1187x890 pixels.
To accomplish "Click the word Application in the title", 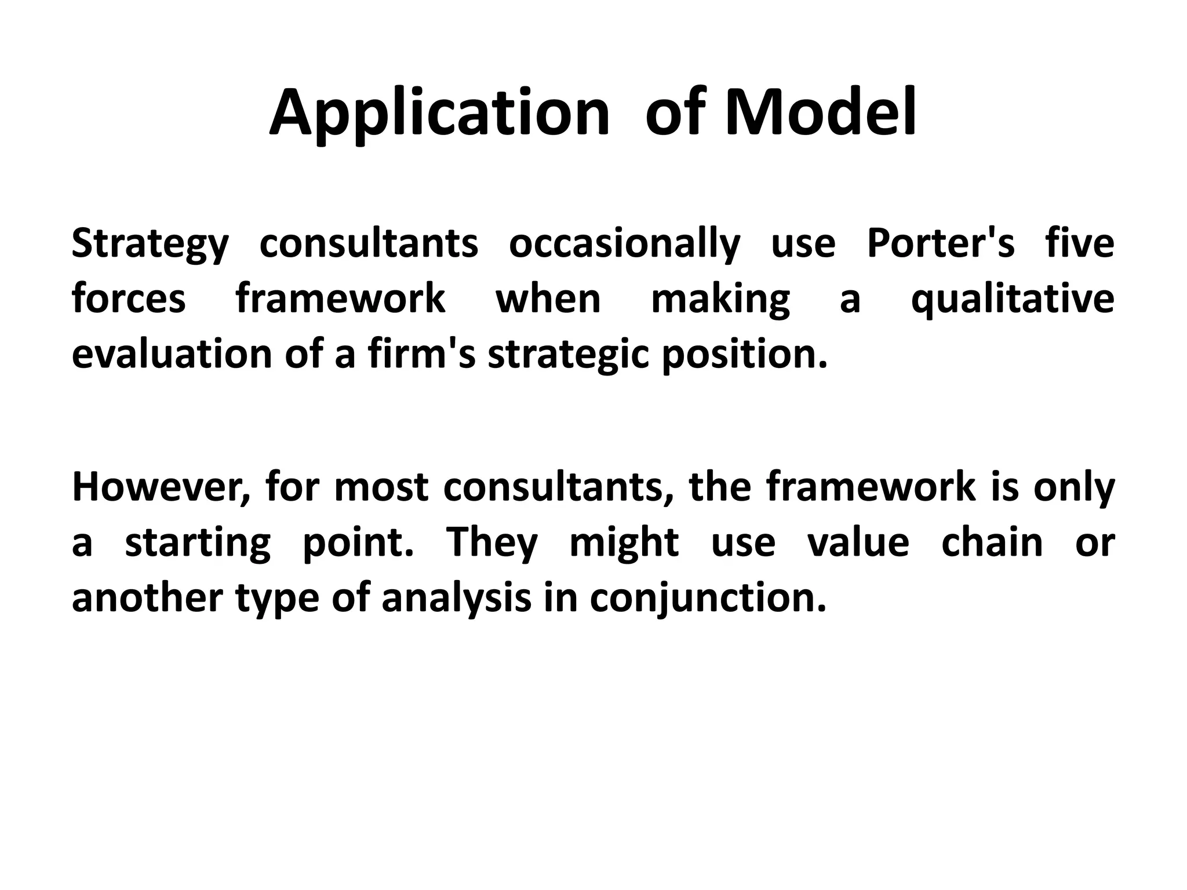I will (439, 113).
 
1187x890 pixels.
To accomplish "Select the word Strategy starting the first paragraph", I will (150, 243).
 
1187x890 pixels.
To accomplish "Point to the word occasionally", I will (624, 243).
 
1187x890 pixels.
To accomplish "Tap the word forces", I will (129, 298).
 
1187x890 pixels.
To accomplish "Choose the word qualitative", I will (1013, 299).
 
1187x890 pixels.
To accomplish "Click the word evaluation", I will (172, 353).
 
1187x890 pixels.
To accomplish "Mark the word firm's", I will (421, 353).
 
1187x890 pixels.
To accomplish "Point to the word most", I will (381, 487).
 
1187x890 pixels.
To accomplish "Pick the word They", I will (491, 542).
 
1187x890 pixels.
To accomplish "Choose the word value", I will (858, 542).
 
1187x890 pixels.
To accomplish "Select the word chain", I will (992, 542).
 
